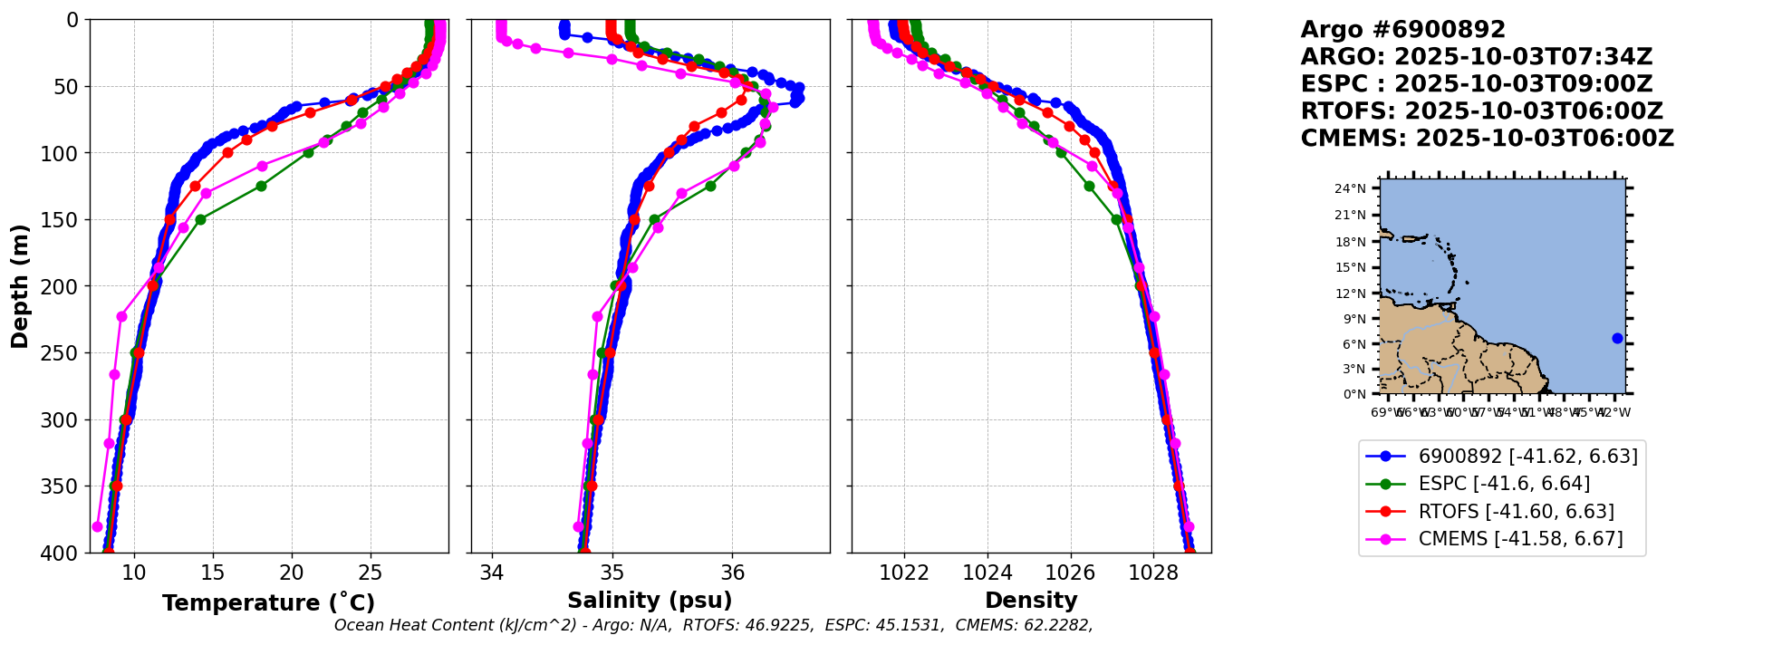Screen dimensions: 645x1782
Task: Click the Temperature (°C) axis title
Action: coord(268,603)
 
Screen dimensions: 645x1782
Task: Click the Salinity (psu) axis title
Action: coord(650,601)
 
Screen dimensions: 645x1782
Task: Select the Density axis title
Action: coord(1031,601)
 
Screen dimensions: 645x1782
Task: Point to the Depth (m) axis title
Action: coord(20,285)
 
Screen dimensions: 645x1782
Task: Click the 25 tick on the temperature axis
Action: coord(371,573)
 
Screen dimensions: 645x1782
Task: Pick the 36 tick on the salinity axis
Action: coord(732,573)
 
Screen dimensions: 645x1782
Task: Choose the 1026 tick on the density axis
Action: coord(1070,573)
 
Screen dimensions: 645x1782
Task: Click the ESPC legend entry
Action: coord(1504,484)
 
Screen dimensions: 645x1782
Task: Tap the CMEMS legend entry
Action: coord(1520,539)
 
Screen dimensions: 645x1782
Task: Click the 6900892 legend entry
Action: coord(1527,457)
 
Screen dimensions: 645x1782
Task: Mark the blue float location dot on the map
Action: coord(1617,338)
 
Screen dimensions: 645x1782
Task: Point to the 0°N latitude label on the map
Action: coord(1356,394)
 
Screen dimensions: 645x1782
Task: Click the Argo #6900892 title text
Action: coord(1402,30)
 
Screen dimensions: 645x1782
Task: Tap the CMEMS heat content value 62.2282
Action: coord(1057,625)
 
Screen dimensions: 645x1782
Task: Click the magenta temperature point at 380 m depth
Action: coord(98,526)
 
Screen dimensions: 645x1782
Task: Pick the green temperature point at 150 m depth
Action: coord(200,219)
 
